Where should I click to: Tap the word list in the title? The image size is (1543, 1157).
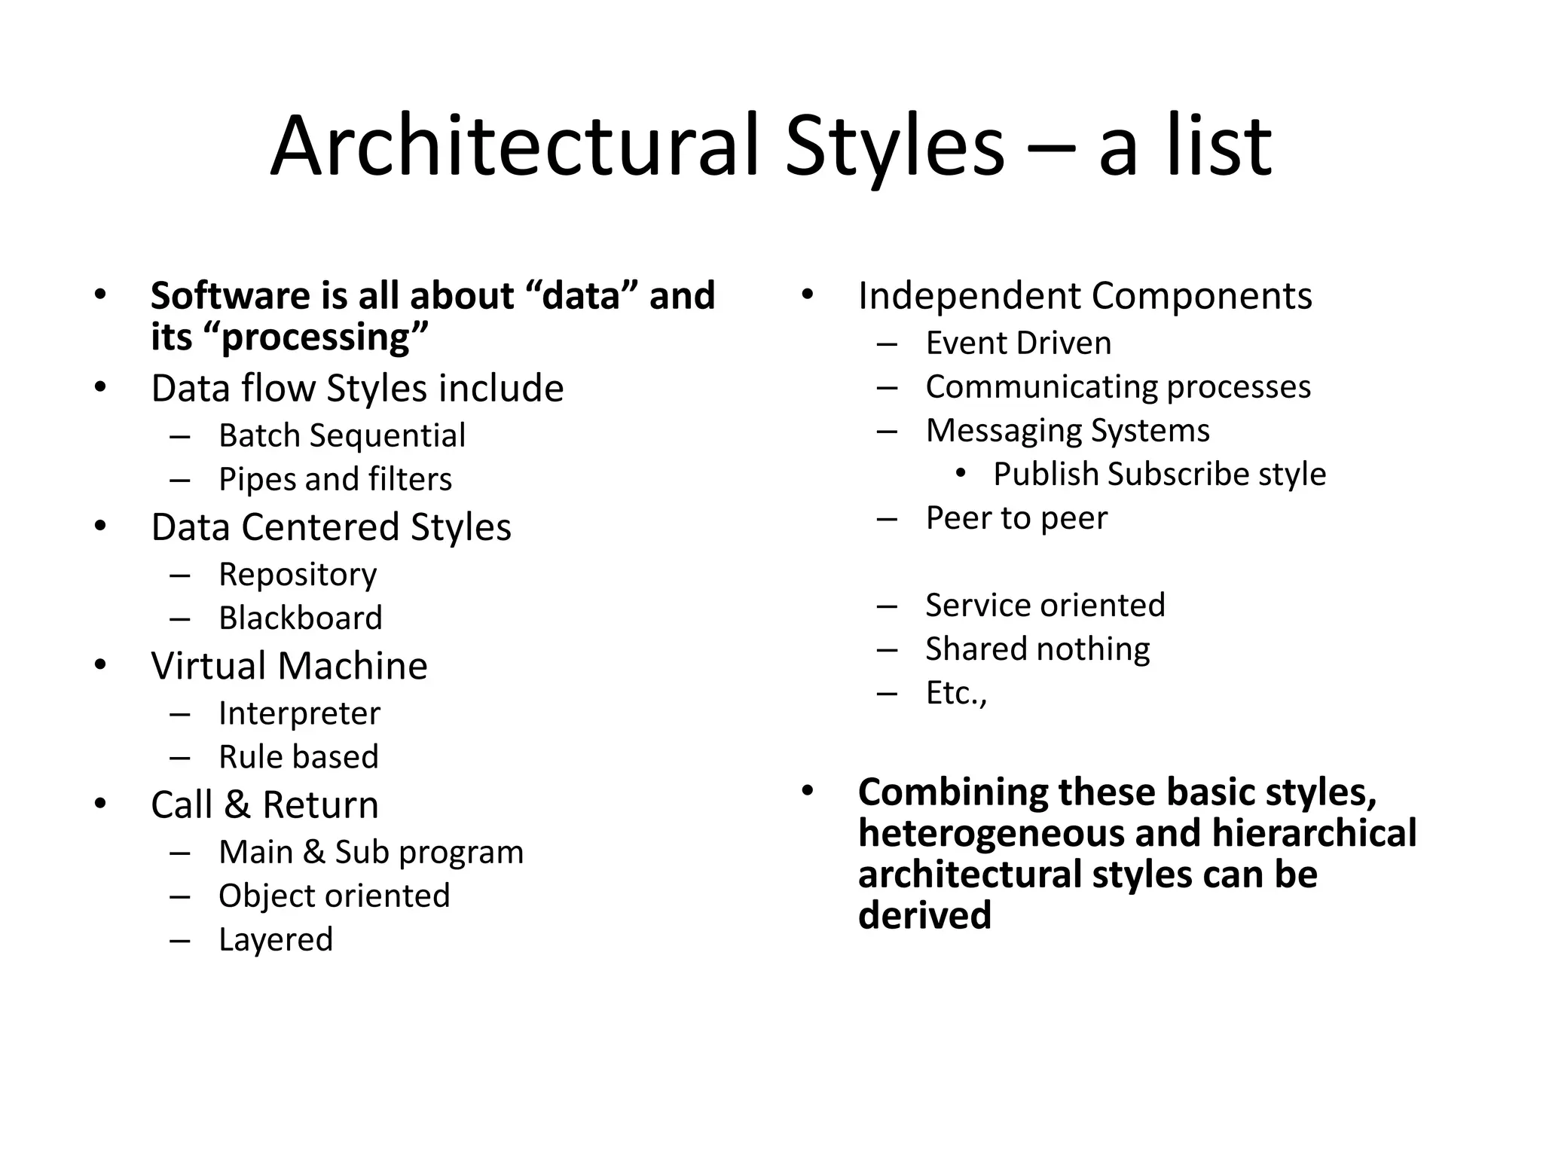pyautogui.click(x=1220, y=146)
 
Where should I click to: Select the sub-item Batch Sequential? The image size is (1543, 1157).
pyautogui.click(x=342, y=435)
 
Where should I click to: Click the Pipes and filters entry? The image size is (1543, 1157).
pyautogui.click(x=335, y=479)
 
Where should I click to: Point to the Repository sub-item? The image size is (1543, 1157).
pyautogui.click(x=298, y=575)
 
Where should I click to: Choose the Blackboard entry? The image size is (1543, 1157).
pyautogui.click(x=301, y=618)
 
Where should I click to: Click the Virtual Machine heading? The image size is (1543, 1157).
pyautogui.click(x=289, y=666)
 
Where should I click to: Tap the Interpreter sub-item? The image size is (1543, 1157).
pyautogui.click(x=299, y=713)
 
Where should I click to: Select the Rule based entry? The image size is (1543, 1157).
pyautogui.click(x=298, y=757)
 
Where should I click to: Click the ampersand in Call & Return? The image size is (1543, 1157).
pyautogui.click(x=237, y=804)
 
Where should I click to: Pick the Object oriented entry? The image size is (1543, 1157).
pyautogui.click(x=334, y=896)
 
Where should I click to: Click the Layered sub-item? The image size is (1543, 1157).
pyautogui.click(x=276, y=939)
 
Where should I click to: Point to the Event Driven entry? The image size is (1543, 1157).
pyautogui.click(x=1019, y=343)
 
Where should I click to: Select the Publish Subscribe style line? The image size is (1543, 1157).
pyautogui.click(x=1160, y=475)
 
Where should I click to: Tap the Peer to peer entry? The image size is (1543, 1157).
pyautogui.click(x=1016, y=518)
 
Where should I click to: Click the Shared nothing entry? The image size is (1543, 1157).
pyautogui.click(x=1037, y=649)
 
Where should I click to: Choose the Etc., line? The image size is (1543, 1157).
pyautogui.click(x=956, y=693)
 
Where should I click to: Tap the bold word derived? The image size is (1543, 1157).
pyautogui.click(x=924, y=915)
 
